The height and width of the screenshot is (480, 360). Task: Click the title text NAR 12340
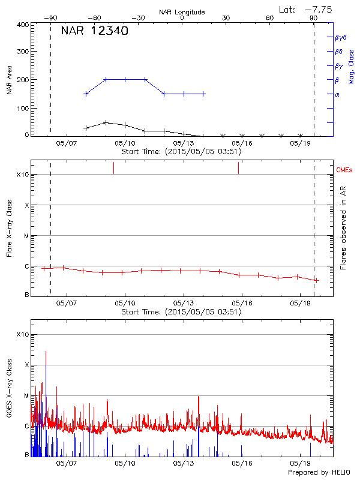pyautogui.click(x=94, y=31)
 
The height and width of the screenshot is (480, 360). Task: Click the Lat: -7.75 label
pyautogui.click(x=306, y=9)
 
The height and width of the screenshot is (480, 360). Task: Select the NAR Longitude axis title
pyautogui.click(x=182, y=12)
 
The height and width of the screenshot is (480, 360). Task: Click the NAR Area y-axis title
pyautogui.click(x=9, y=80)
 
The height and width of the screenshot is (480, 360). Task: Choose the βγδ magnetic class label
pyautogui.click(x=340, y=37)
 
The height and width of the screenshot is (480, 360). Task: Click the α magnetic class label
pyautogui.click(x=337, y=94)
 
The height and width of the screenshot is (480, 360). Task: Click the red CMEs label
pyautogui.click(x=346, y=171)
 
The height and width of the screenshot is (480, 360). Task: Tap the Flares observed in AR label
pyautogui.click(x=343, y=227)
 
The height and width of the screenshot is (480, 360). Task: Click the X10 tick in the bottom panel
pyautogui.click(x=23, y=334)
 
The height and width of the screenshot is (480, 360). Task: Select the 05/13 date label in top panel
pyautogui.click(x=184, y=143)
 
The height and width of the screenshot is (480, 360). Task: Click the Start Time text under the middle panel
pyautogui.click(x=181, y=312)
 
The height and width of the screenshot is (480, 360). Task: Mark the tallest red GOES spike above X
pyautogui.click(x=46, y=353)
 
